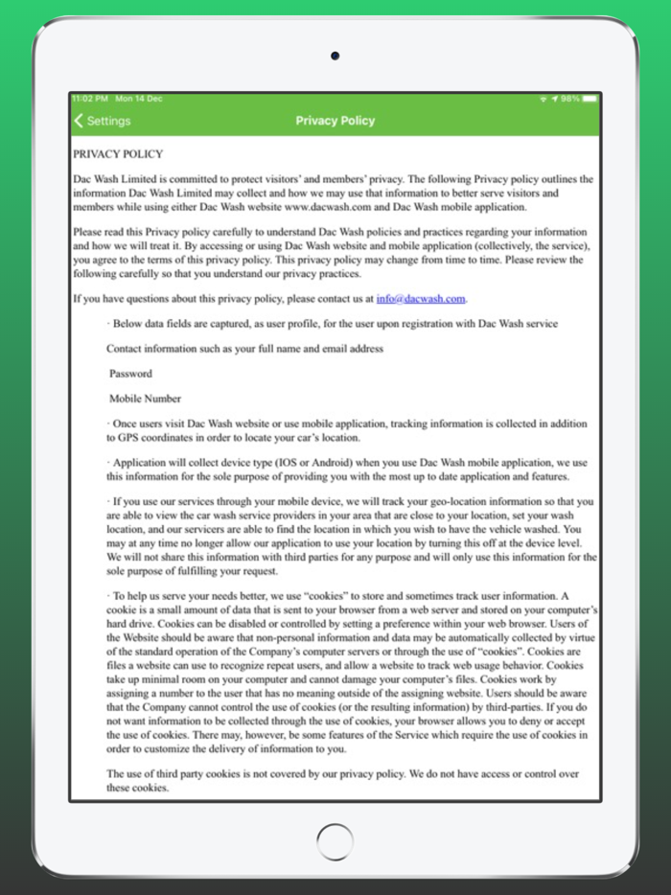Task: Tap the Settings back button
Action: coord(102,121)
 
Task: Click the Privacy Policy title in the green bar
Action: coord(335,121)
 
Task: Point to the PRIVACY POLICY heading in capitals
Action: coord(118,154)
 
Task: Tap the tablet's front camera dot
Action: coord(335,57)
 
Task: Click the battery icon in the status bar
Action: coord(590,99)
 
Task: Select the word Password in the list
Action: coord(130,374)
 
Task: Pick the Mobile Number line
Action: coord(145,399)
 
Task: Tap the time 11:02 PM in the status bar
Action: coord(88,99)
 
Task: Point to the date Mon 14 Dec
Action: coord(138,99)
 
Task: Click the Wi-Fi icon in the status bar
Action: coord(543,99)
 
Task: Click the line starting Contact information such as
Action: coord(244,349)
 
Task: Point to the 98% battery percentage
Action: coord(570,99)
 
